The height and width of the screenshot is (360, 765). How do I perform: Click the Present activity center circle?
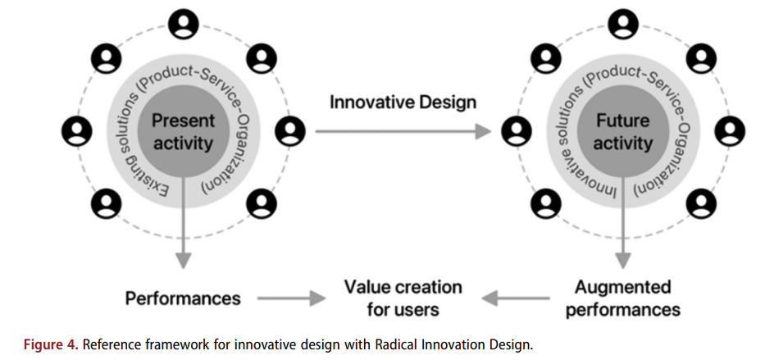pyautogui.click(x=184, y=132)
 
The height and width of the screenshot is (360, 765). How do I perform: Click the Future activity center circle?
pyautogui.click(x=623, y=132)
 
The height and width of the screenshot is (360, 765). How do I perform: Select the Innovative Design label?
pyautogui.click(x=403, y=103)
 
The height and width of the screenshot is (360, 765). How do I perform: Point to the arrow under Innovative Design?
pyautogui.click(x=403, y=131)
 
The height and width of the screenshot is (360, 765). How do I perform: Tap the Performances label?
pyautogui.click(x=183, y=298)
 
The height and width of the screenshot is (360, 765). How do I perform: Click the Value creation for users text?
pyautogui.click(x=403, y=298)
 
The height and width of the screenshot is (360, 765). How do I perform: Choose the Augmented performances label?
pyautogui.click(x=623, y=298)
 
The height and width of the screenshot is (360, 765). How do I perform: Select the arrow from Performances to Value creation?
pyautogui.click(x=291, y=298)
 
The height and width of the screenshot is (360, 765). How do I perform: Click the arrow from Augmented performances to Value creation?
pyautogui.click(x=516, y=298)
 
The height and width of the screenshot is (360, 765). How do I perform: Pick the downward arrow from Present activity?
pyautogui.click(x=184, y=222)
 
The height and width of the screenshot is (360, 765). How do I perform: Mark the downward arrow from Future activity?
pyautogui.click(x=623, y=222)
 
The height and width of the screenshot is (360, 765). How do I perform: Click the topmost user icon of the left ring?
pyautogui.click(x=184, y=24)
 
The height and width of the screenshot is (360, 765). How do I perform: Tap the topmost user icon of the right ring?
pyautogui.click(x=623, y=24)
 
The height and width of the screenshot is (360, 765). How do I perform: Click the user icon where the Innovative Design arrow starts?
pyautogui.click(x=290, y=132)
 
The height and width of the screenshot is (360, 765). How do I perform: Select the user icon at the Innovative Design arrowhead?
pyautogui.click(x=517, y=132)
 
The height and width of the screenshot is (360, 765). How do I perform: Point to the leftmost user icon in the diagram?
pyautogui.click(x=76, y=132)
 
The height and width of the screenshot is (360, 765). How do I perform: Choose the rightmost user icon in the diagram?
pyautogui.click(x=730, y=132)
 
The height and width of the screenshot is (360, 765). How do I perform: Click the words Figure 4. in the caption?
pyautogui.click(x=51, y=345)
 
